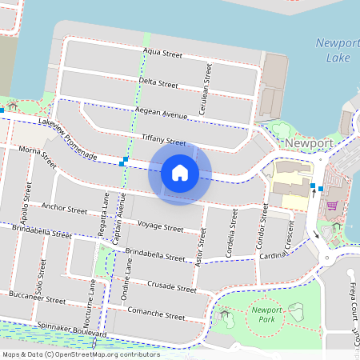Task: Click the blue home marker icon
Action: (180, 172)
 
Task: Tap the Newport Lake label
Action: (334, 50)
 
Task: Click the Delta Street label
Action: (158, 82)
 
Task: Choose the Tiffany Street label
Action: (163, 140)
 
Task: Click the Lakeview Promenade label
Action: (67, 141)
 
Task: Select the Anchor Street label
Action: (64, 210)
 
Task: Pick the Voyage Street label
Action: (160, 226)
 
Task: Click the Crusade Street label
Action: (172, 286)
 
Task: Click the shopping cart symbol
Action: (331, 206)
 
